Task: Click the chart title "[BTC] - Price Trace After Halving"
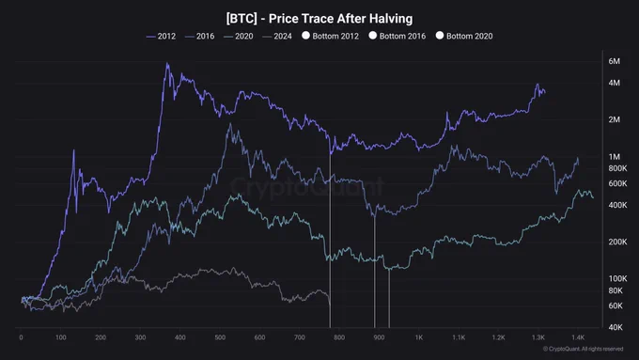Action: [319, 19]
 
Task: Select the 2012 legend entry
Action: [161, 37]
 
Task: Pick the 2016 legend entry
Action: [199, 37]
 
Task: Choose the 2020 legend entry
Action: [239, 37]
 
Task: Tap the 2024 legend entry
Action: [277, 37]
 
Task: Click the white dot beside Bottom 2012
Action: [305, 36]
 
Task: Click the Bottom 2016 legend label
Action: [402, 37]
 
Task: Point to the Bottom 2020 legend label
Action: [470, 37]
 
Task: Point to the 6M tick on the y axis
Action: [615, 61]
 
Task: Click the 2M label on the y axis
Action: [615, 119]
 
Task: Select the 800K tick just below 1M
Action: [617, 168]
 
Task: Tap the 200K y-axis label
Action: [617, 242]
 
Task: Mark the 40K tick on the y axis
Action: [616, 327]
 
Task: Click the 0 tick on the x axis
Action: [22, 337]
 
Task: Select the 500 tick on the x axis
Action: [220, 337]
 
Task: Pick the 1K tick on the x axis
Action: [419, 337]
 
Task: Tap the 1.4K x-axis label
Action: [578, 337]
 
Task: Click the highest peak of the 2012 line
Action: [167, 63]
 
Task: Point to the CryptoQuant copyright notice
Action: [584, 349]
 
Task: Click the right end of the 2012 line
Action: [545, 92]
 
